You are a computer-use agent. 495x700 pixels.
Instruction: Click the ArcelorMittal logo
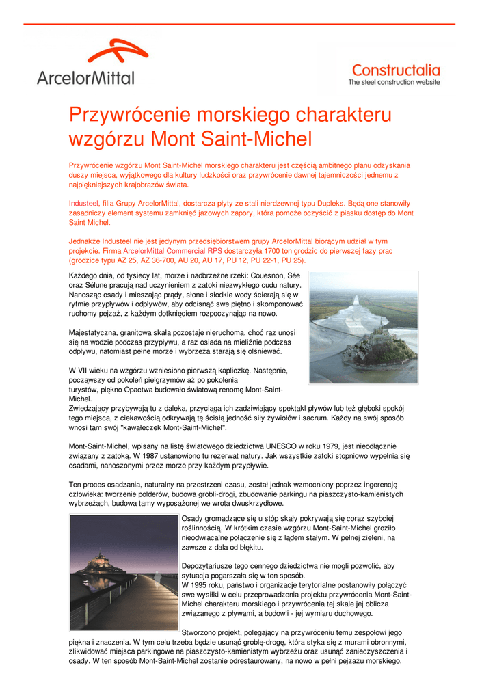pyautogui.click(x=87, y=62)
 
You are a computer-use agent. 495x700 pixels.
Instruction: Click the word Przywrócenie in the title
pyautogui.click(x=127, y=114)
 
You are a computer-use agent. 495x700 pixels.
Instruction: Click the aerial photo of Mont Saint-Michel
pyautogui.click(x=362, y=327)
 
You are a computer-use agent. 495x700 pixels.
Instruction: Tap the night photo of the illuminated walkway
pyautogui.click(x=123, y=572)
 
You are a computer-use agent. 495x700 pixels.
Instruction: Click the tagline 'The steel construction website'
pyautogui.click(x=394, y=82)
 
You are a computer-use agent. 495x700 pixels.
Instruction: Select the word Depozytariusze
pyautogui.click(x=211, y=566)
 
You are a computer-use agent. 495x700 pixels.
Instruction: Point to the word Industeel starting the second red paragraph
pyautogui.click(x=85, y=204)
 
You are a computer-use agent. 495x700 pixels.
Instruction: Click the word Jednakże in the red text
pyautogui.click(x=86, y=241)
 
